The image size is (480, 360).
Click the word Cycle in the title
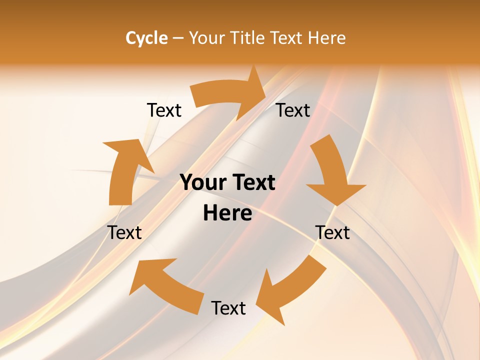146,38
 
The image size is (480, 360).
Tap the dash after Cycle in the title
178,38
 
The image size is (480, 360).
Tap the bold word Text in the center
252,183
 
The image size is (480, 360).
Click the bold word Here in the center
227,213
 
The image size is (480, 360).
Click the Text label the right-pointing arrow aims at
293,110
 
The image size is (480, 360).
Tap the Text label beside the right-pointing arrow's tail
164,110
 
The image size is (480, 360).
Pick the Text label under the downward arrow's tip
332,232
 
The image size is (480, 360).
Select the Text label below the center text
228,308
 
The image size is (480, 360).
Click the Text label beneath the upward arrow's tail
124,232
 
